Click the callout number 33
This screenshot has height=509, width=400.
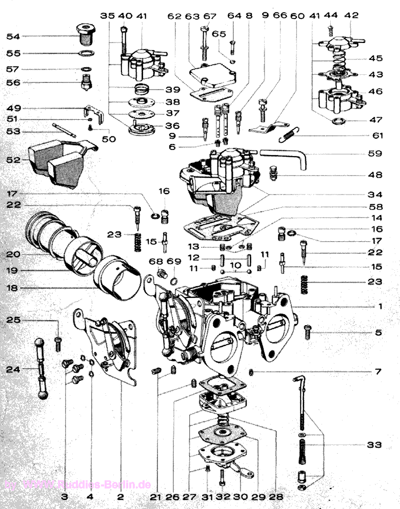pyautogui.click(x=374, y=444)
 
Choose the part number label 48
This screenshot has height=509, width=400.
pyautogui.click(x=374, y=175)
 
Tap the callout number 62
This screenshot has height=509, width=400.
pyautogui.click(x=175, y=16)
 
